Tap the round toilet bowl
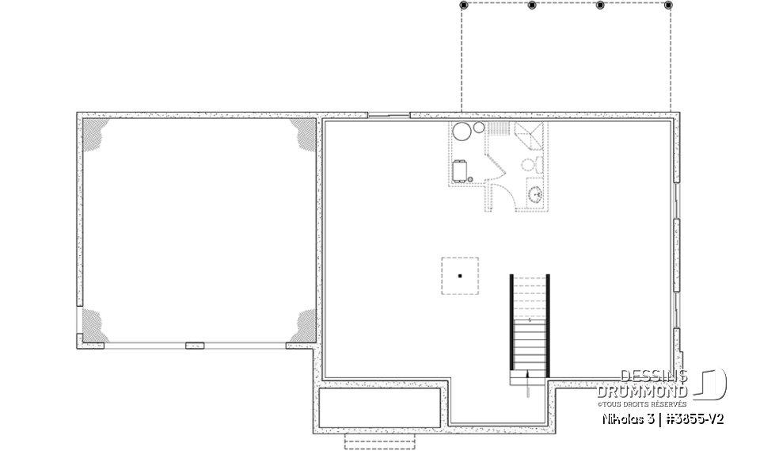pyautogui.click(x=528, y=165)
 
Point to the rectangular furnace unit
pyautogui.click(x=460, y=170)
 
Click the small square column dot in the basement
pyautogui.click(x=459, y=276)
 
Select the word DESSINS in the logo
pyautogui.click(x=653, y=376)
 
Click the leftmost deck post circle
pyautogui.click(x=463, y=5)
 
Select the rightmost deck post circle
pyautogui.click(x=669, y=5)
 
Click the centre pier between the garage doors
pyautogui.click(x=194, y=345)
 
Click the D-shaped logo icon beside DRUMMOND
pyautogui.click(x=712, y=384)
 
